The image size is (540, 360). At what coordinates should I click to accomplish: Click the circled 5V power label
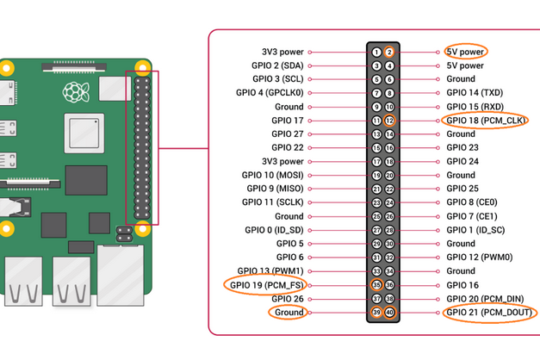(x=465, y=52)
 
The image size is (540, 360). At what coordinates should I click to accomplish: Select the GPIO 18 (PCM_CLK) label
(x=486, y=121)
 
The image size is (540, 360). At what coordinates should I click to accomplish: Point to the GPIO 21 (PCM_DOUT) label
(x=488, y=312)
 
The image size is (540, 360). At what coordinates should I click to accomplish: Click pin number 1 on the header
(x=376, y=52)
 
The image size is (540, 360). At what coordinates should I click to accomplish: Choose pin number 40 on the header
(x=389, y=312)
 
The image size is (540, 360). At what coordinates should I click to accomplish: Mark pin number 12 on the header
(x=389, y=121)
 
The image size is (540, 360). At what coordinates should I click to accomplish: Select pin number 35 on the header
(x=376, y=284)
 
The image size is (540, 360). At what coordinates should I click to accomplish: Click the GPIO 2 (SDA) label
(x=276, y=65)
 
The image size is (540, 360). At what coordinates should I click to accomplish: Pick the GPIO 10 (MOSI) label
(x=273, y=175)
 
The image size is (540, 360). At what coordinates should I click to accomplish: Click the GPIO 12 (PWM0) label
(x=479, y=257)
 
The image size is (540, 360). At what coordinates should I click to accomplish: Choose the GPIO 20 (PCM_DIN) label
(x=485, y=298)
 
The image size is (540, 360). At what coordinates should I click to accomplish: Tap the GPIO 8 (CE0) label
(x=471, y=202)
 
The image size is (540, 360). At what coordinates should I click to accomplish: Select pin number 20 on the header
(x=389, y=175)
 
